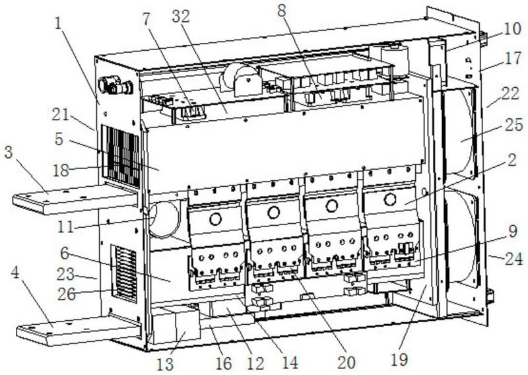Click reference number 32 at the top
[x=181, y=16]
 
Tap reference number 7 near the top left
[x=146, y=20]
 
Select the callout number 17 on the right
[x=513, y=58]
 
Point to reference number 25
[x=513, y=125]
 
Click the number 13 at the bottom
[x=165, y=364]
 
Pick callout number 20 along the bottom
[x=346, y=362]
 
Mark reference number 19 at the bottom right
[x=400, y=360]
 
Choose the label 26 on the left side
[x=67, y=294]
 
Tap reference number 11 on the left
[x=65, y=226]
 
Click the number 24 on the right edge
[x=513, y=259]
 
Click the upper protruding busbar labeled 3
[x=76, y=199]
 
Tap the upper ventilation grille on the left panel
[x=120, y=156]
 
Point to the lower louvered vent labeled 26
[x=125, y=273]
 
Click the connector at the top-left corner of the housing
[x=115, y=85]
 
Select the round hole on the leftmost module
[x=215, y=219]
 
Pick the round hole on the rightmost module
[x=390, y=199]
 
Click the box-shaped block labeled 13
[x=176, y=325]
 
